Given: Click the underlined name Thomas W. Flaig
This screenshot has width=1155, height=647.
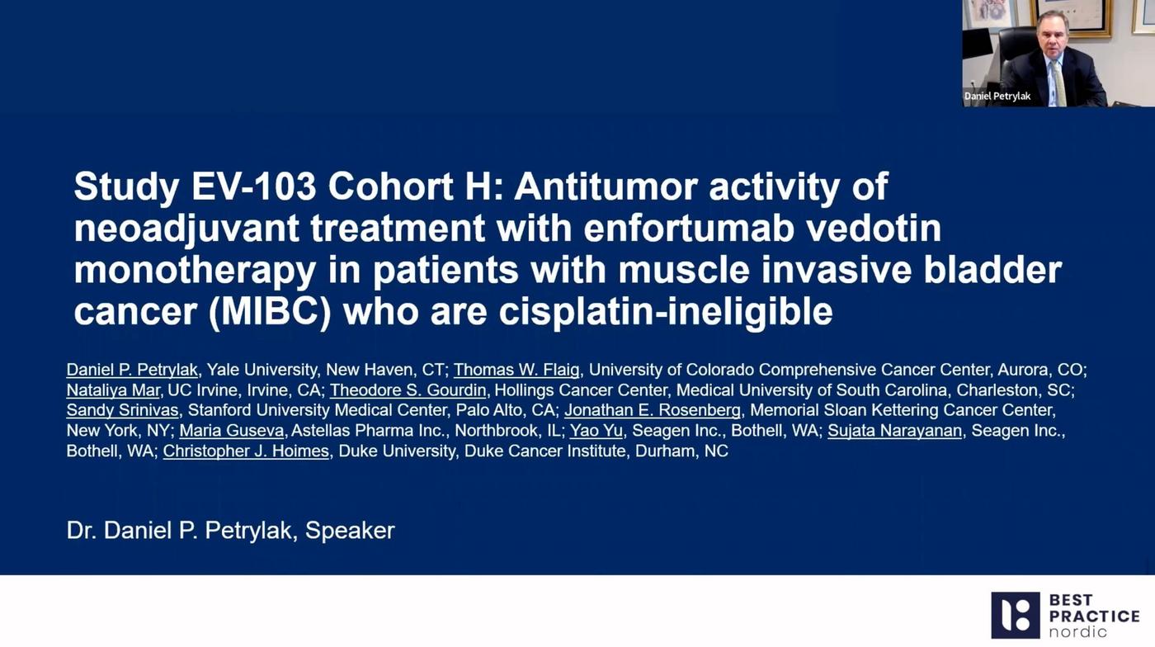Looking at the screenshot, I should pos(516,370).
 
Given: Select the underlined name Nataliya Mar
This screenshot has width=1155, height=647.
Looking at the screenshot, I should pos(113,390).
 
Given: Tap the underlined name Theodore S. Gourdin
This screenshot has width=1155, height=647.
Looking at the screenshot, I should pos(408,390).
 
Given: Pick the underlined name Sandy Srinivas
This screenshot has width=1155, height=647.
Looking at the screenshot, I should pos(122,411).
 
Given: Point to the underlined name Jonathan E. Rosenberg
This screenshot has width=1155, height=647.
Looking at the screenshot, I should pos(652,411).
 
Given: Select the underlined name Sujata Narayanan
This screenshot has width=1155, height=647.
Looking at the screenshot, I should pos(894,431).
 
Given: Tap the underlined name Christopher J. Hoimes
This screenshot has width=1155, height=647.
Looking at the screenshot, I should pos(246,451).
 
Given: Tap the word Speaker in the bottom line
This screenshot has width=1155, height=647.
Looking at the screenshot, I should pos(350,530).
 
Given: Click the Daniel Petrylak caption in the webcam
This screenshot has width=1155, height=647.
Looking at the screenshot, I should pos(997,97).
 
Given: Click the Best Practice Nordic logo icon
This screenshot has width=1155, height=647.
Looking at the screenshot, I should pos(1015,615).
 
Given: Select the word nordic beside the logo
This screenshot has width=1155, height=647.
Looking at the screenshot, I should pos(1077,632).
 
